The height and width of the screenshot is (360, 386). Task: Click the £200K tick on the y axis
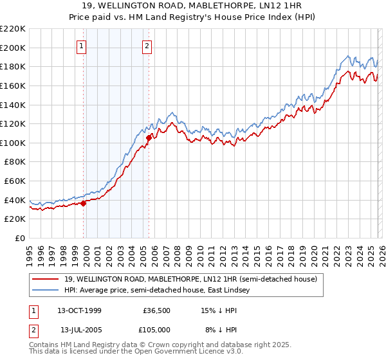click(x=13, y=48)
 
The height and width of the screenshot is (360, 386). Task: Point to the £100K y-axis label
click(x=13, y=143)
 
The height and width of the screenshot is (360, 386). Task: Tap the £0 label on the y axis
click(x=19, y=238)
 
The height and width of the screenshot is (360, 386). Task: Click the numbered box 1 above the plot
click(x=83, y=46)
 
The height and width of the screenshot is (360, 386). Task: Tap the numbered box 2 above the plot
click(x=147, y=46)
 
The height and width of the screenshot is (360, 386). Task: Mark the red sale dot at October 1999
click(x=84, y=203)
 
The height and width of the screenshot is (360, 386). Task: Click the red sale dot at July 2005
click(x=149, y=138)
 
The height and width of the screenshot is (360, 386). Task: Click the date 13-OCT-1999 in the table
click(x=78, y=310)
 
